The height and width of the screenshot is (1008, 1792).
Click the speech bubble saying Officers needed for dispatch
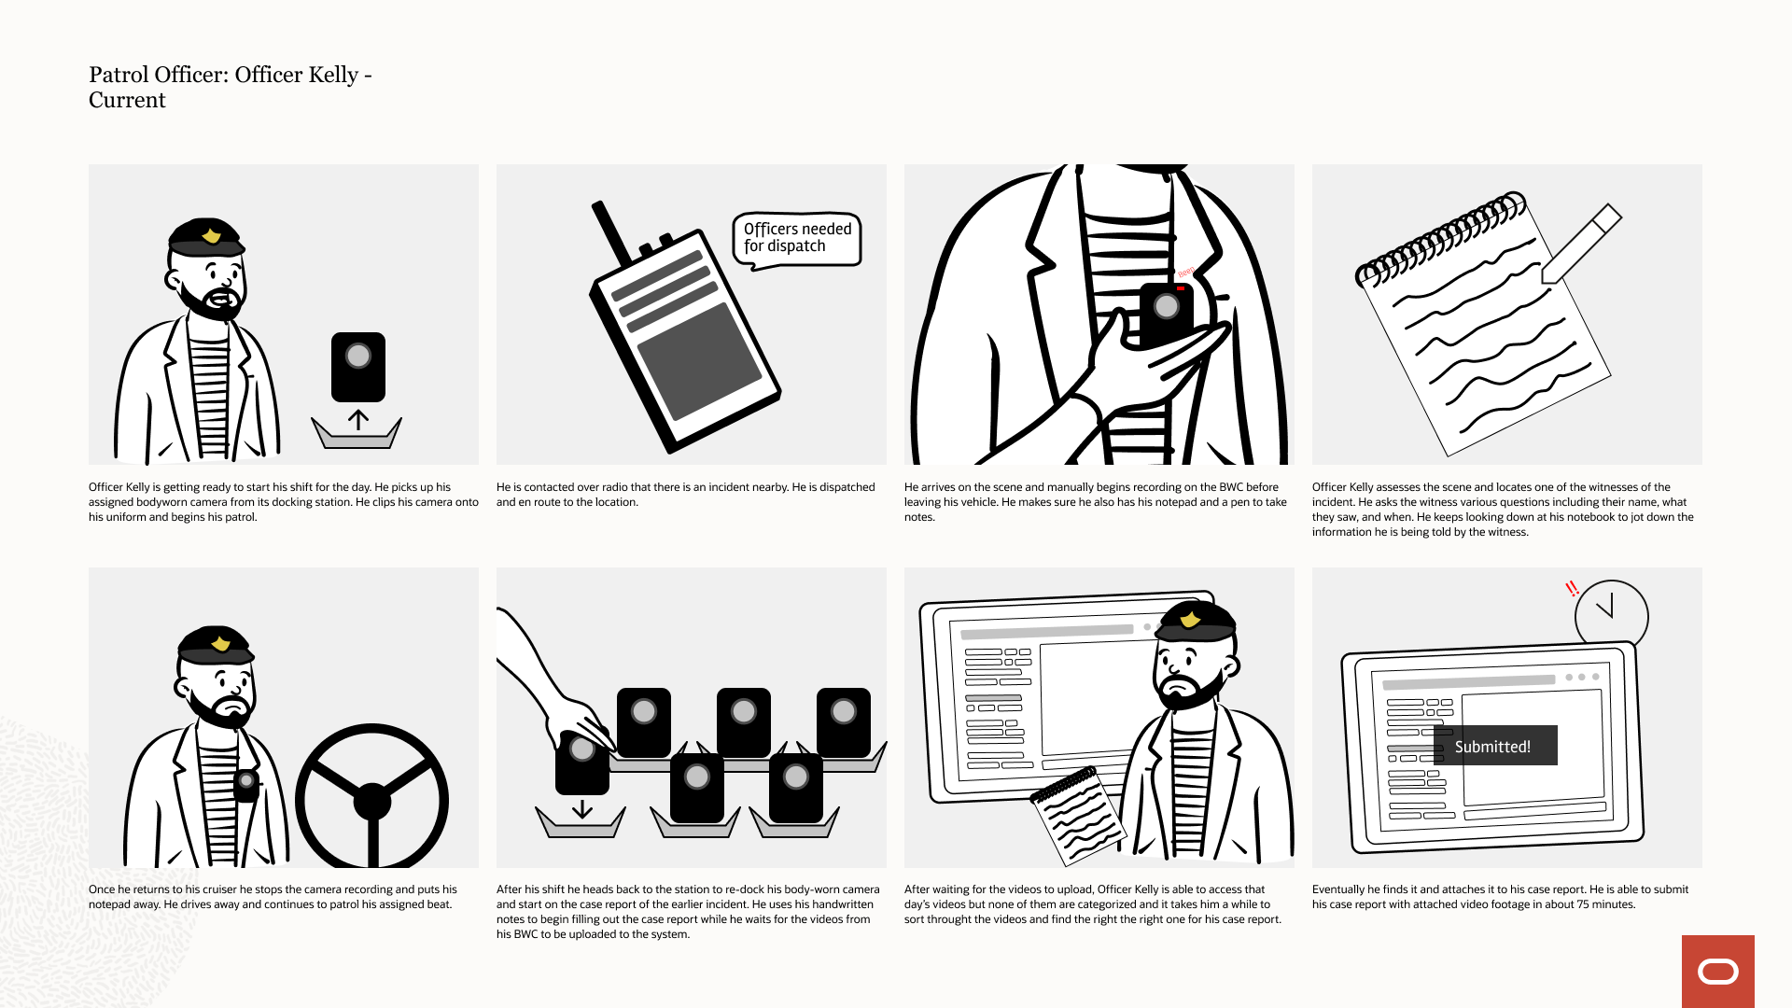(x=797, y=240)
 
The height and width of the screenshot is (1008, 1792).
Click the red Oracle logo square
(x=1718, y=972)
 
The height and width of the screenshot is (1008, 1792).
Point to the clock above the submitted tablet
(x=1612, y=616)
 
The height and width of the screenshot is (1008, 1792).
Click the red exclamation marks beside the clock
(x=1572, y=589)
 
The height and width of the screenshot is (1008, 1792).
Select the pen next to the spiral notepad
(x=1581, y=244)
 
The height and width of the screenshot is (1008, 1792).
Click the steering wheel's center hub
(x=371, y=801)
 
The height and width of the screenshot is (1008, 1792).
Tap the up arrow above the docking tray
(x=358, y=420)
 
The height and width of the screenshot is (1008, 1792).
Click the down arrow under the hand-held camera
(x=582, y=808)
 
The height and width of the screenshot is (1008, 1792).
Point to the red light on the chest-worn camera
(x=1181, y=289)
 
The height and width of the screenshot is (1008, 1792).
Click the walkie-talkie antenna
(x=612, y=232)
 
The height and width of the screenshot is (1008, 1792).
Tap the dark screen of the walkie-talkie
(x=699, y=361)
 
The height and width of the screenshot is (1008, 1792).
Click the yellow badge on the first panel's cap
(x=212, y=235)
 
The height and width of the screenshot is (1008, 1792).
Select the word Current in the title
(x=127, y=100)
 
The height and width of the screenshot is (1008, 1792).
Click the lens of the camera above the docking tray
(x=358, y=356)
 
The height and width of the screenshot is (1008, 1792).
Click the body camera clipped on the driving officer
(x=246, y=785)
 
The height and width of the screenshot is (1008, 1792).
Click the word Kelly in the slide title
(x=333, y=75)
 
